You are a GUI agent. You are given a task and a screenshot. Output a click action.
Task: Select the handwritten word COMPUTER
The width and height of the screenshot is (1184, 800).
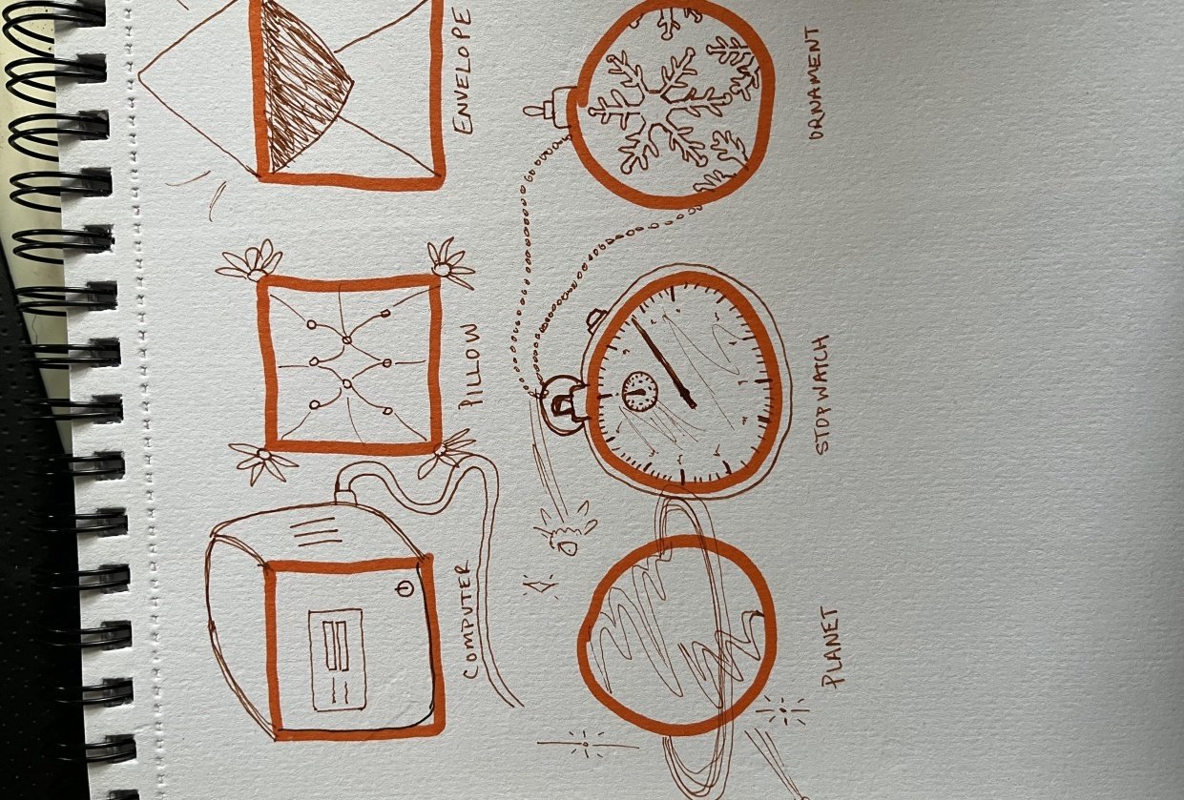point(469,620)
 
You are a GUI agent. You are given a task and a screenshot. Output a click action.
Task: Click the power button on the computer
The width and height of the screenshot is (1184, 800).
point(404,588)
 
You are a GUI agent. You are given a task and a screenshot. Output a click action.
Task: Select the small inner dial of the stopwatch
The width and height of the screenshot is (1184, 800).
point(637,388)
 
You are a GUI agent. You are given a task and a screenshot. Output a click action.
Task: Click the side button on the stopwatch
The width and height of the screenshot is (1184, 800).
point(597,317)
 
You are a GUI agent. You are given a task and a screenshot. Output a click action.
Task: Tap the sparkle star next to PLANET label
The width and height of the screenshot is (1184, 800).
point(781,710)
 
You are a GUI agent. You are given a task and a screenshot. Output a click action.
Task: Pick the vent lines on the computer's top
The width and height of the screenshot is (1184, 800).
point(317,530)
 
